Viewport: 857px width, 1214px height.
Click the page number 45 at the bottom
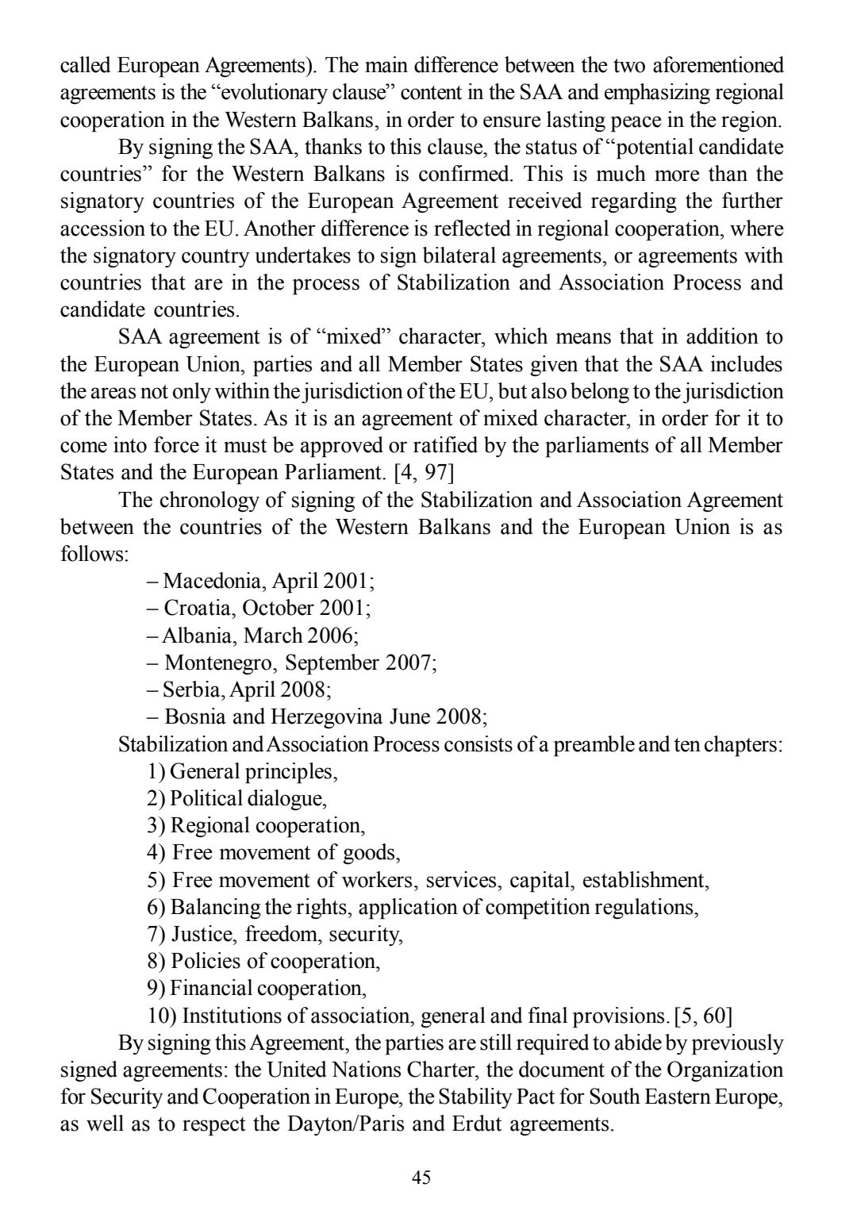pyautogui.click(x=421, y=1178)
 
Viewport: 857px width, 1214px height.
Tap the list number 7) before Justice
pyautogui.click(x=156, y=934)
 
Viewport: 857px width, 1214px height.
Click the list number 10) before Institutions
pyautogui.click(x=162, y=1015)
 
